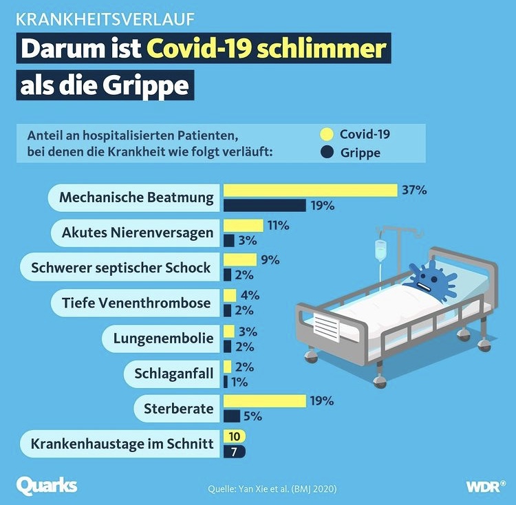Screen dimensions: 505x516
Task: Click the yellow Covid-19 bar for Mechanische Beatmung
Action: [310, 191]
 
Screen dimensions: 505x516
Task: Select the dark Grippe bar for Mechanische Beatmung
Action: [265, 205]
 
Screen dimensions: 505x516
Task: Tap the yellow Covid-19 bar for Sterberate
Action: [265, 401]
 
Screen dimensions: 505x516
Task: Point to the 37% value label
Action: [414, 190]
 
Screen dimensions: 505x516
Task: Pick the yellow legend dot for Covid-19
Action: [327, 134]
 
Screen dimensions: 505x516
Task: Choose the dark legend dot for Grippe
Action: [327, 152]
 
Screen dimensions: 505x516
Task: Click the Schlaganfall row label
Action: [173, 374]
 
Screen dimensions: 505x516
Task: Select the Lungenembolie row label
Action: [162, 339]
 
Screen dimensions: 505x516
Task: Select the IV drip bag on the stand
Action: [378, 250]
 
